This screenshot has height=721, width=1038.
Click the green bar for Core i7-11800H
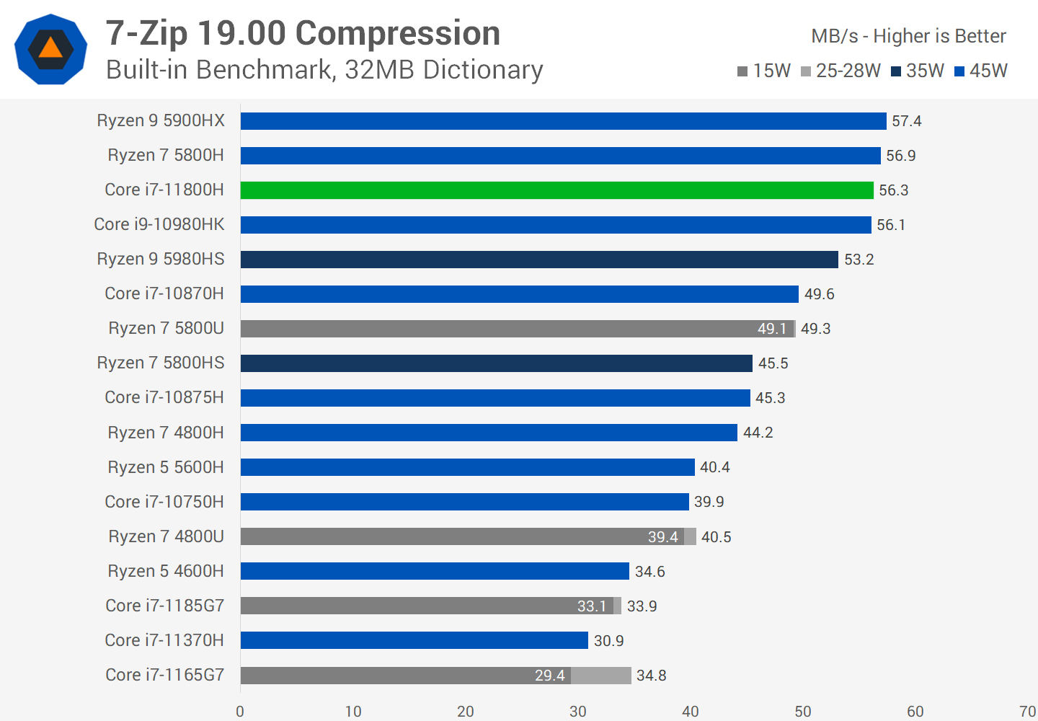(556, 190)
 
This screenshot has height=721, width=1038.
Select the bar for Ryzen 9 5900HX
(563, 121)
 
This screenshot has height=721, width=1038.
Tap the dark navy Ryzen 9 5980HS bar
(539, 260)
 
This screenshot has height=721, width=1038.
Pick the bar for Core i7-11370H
(414, 640)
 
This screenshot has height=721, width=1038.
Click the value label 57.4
(906, 121)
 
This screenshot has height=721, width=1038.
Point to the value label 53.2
(859, 260)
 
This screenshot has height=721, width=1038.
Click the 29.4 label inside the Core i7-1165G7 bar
(549, 676)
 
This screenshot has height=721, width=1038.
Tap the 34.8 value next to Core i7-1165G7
(651, 676)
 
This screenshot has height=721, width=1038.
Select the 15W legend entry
(764, 71)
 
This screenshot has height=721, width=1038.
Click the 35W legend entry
(918, 71)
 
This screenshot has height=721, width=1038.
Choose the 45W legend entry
(981, 71)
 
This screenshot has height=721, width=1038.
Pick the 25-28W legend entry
(841, 71)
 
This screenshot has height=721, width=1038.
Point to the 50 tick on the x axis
(803, 712)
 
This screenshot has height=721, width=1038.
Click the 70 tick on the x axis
(1028, 712)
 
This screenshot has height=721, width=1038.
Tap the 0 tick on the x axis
(240, 712)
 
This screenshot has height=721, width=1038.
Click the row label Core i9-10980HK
(159, 225)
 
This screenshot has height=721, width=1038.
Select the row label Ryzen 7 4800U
(166, 536)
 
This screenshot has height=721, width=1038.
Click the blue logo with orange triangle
(50, 49)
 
